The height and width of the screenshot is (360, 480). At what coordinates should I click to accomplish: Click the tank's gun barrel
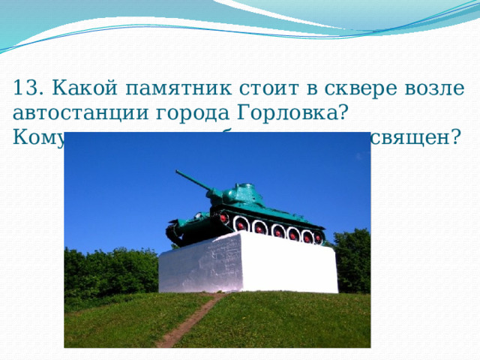(191, 180)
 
